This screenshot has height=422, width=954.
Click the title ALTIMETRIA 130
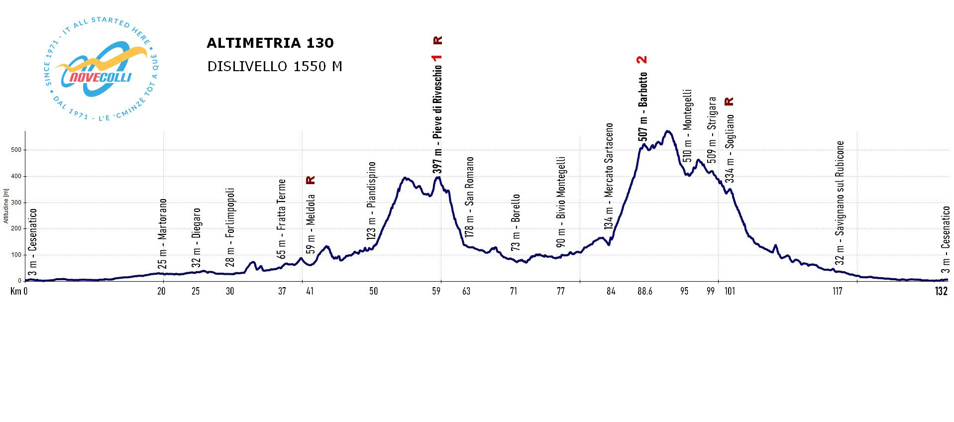click(270, 43)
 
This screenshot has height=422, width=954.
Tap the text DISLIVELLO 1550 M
click(275, 67)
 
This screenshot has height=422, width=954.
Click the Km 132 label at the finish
click(941, 291)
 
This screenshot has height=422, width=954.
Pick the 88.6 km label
click(644, 291)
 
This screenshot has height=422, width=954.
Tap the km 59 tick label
click(436, 291)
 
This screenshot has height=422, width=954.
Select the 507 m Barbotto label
click(643, 106)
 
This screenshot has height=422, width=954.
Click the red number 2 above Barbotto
click(642, 60)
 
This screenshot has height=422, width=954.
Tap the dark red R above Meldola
click(311, 180)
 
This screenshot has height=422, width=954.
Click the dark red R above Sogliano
click(729, 102)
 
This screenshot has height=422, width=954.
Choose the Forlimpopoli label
click(229, 227)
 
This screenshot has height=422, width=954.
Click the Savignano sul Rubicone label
click(840, 203)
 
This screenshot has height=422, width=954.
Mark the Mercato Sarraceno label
click(609, 176)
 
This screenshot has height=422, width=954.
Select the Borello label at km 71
click(515, 222)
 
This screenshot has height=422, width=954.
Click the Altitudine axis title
click(6, 206)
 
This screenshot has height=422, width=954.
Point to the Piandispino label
click(371, 201)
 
